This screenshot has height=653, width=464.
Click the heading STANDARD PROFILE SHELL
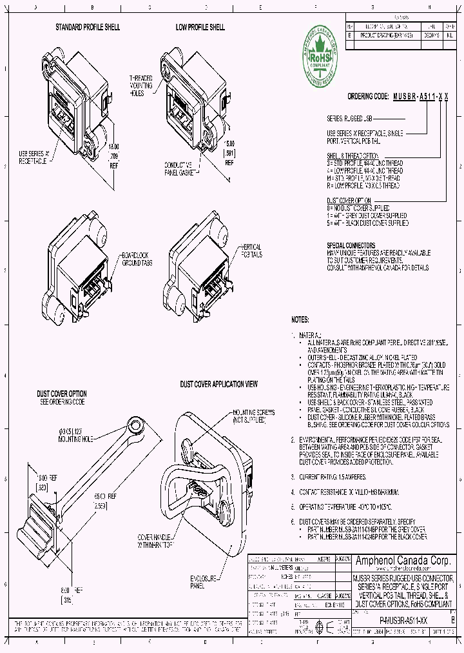88,28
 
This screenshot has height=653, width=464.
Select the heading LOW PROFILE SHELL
200,28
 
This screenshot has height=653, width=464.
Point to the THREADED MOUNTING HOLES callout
141,85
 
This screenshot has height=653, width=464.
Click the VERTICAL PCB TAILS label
251,251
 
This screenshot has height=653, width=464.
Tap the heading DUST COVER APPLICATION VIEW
219,384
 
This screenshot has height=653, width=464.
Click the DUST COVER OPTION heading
62,394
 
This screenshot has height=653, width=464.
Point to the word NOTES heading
300,319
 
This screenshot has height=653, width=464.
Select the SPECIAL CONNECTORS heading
351,246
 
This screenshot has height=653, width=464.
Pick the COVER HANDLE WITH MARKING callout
155,540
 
